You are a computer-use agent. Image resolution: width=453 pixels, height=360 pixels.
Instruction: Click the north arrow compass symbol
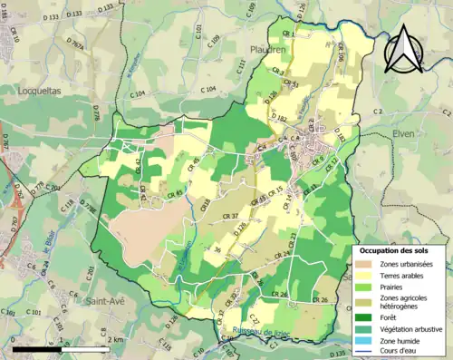coord(404,49)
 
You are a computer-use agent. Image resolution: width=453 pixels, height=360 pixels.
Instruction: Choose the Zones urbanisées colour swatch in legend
coord(366,264)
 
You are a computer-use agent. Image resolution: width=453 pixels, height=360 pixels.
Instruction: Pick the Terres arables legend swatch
coord(366,276)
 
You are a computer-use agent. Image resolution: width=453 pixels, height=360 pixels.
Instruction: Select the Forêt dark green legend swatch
coord(366,316)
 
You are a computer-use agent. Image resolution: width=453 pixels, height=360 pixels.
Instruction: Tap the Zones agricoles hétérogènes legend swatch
coord(366,301)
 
